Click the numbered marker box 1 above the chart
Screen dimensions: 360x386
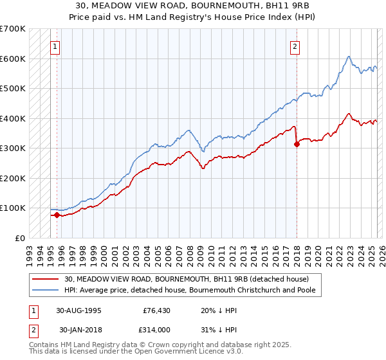click(55, 46)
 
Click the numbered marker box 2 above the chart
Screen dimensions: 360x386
click(295, 46)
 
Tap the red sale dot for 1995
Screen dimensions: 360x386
click(57, 215)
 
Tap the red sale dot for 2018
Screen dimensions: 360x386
click(297, 145)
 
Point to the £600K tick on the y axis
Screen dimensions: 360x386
click(13, 59)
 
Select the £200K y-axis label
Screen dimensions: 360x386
click(13, 178)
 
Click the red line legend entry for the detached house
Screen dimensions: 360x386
click(187, 279)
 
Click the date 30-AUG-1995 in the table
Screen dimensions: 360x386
click(78, 310)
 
